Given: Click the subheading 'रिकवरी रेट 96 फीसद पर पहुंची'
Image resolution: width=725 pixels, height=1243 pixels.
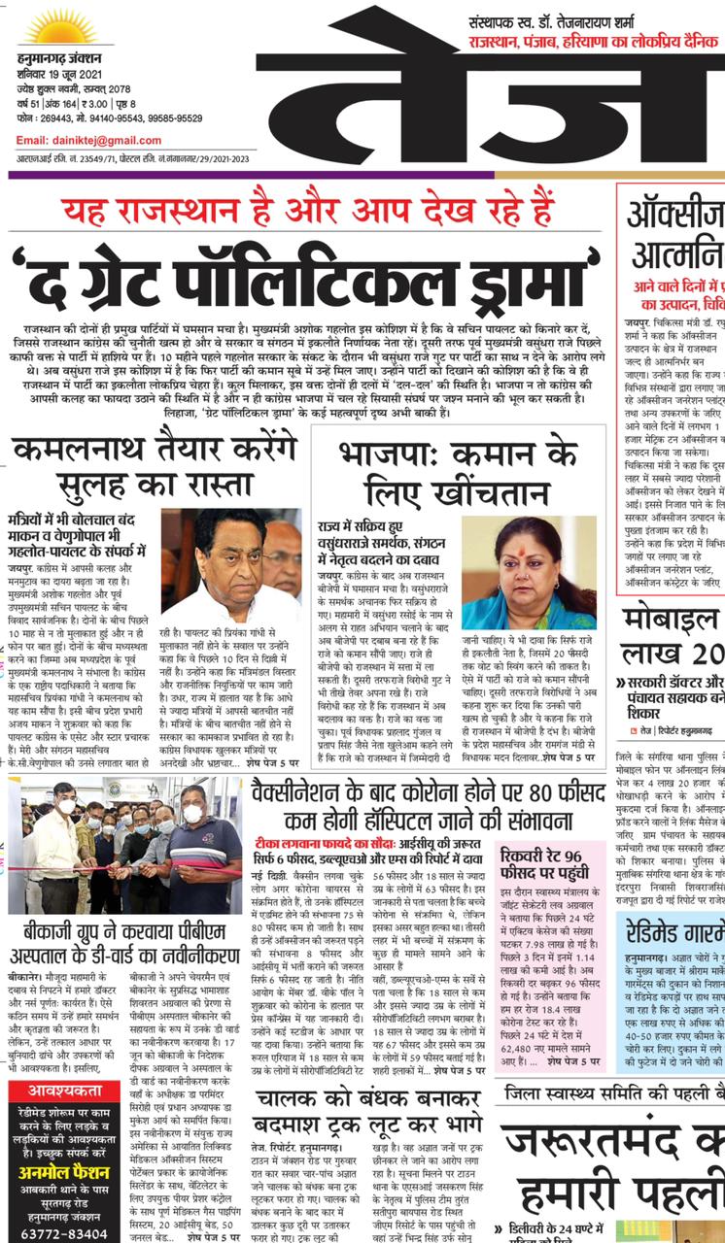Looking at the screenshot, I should pyautogui.click(x=555, y=867).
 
